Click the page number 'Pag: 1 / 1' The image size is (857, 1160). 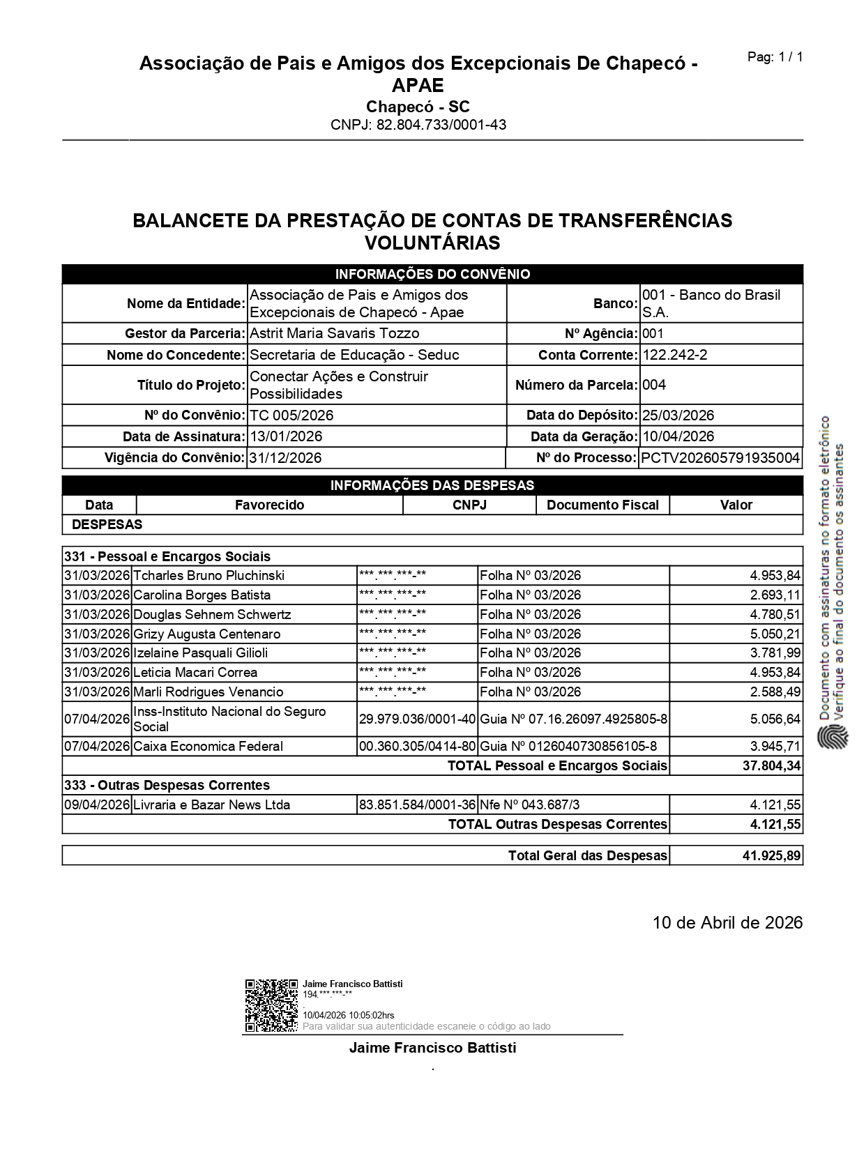click(x=775, y=57)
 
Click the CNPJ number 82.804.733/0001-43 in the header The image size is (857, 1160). click(x=418, y=125)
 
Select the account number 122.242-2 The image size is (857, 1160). click(x=674, y=355)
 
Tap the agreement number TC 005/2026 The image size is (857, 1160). click(x=291, y=415)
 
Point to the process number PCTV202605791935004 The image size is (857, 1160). click(x=720, y=458)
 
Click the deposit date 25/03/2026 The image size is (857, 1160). click(x=678, y=415)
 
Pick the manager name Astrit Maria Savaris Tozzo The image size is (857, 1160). click(x=334, y=333)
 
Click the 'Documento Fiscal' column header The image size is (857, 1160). click(x=602, y=505)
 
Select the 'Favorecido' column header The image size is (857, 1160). click(x=269, y=505)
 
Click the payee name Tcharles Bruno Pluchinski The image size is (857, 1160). click(x=208, y=576)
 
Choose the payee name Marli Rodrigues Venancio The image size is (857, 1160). click(x=208, y=692)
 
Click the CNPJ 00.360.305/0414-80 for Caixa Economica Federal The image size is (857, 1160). click(x=417, y=747)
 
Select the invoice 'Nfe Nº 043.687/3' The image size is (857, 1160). click(x=529, y=805)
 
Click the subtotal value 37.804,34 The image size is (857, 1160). click(x=772, y=766)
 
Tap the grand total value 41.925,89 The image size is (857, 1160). click(x=772, y=855)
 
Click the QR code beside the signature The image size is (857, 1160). click(x=271, y=1005)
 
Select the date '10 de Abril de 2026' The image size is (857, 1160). click(x=727, y=923)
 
